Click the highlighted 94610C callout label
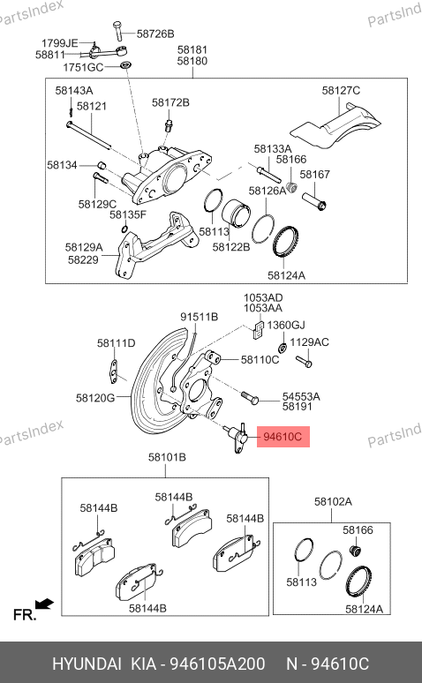click(x=283, y=437)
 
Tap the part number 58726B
click(x=155, y=34)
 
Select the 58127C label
click(x=341, y=91)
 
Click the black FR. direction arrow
click(x=44, y=604)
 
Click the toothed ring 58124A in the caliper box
click(x=285, y=242)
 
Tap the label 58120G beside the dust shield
click(x=95, y=398)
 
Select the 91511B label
click(x=200, y=317)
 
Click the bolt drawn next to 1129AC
click(x=304, y=361)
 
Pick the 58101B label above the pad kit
click(x=167, y=457)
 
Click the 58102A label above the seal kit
click(x=333, y=502)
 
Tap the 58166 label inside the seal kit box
click(x=358, y=530)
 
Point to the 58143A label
click(x=74, y=91)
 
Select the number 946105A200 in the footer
click(x=217, y=664)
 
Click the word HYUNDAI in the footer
click(x=87, y=664)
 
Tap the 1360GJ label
click(x=286, y=326)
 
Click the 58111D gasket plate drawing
click(x=114, y=372)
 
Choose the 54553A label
click(x=301, y=397)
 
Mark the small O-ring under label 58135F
click(x=124, y=229)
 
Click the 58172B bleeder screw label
click(x=170, y=102)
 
